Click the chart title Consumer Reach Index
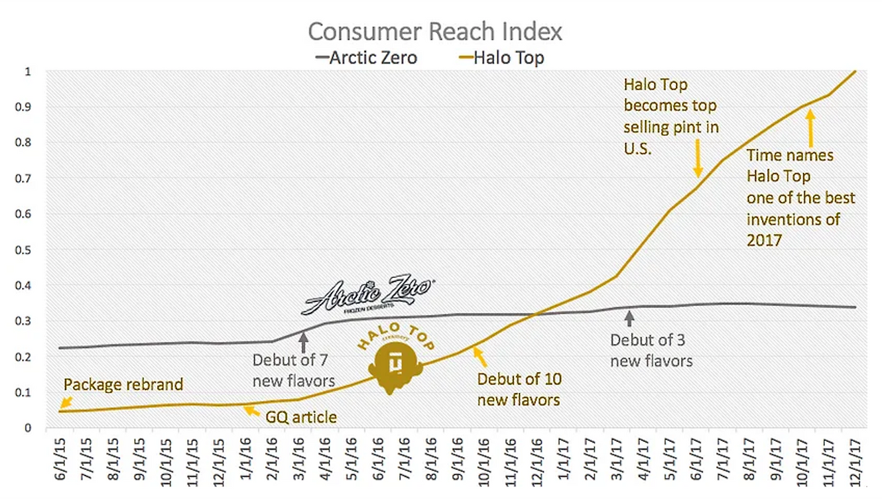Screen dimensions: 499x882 435,32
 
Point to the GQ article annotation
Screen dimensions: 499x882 302,417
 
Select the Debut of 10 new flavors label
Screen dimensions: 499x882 519,389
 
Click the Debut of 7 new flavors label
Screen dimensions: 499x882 294,369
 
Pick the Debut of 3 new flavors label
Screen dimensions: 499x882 651,349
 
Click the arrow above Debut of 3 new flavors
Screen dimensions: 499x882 628,318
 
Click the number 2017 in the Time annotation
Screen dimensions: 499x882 764,240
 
